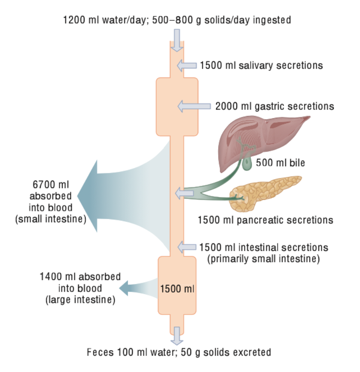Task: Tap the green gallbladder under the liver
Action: [x=247, y=164]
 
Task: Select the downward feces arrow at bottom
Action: [x=176, y=335]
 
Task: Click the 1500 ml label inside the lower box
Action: [x=177, y=288]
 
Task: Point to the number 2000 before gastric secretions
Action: [x=227, y=106]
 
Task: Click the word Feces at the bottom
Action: [x=99, y=353]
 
